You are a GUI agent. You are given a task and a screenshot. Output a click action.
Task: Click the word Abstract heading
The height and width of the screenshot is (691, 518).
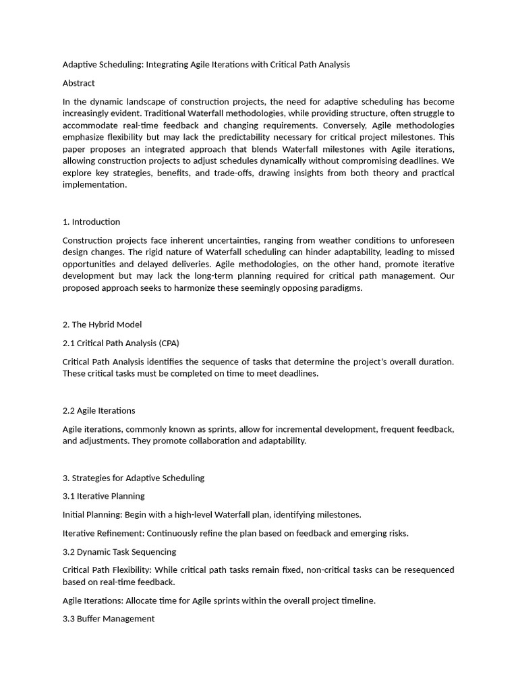point(79,83)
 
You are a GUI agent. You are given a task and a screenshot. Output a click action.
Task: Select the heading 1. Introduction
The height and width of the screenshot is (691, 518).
point(91,222)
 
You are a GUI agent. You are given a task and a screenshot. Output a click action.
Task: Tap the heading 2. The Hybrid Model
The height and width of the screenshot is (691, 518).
point(102,325)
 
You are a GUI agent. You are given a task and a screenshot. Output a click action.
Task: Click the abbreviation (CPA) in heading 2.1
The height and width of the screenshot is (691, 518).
point(168,343)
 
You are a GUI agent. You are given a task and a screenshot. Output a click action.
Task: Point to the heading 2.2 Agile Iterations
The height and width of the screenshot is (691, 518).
point(98,410)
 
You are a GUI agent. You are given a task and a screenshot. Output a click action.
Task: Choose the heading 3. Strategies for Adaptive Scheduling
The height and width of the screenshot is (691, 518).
point(134,478)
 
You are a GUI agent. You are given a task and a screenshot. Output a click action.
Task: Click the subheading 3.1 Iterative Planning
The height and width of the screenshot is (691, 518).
point(103,496)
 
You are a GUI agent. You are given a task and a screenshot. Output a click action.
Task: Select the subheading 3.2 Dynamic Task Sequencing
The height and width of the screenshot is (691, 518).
point(119,551)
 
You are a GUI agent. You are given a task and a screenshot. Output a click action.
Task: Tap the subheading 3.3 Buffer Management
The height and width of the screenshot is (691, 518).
point(109,618)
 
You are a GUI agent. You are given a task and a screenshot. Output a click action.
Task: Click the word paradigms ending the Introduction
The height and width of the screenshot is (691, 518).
point(341,288)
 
